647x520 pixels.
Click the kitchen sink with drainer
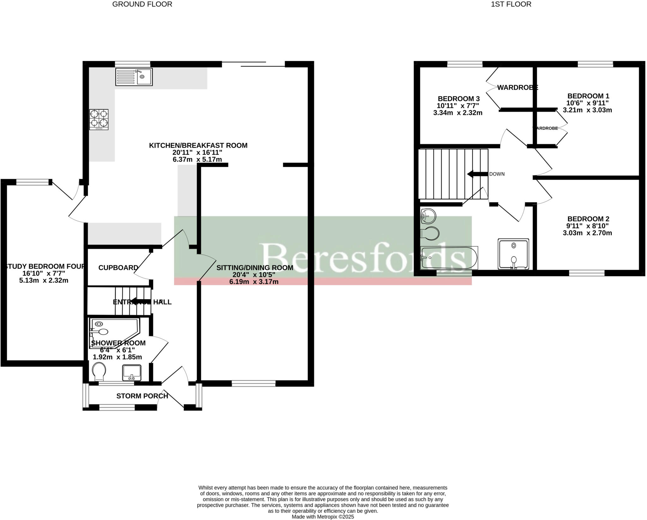[x=134, y=77]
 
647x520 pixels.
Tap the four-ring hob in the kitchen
[x=99, y=119]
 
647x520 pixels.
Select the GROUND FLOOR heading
[x=142, y=4]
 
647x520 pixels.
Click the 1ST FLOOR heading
[x=511, y=4]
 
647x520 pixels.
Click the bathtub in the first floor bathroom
[x=449, y=258]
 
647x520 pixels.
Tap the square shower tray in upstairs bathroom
[x=513, y=254]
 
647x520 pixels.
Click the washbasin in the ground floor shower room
[x=132, y=373]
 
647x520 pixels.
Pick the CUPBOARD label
[x=118, y=268]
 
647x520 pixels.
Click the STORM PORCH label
[x=142, y=396]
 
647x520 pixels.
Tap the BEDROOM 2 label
[x=588, y=219]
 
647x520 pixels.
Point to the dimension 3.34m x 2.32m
[x=458, y=113]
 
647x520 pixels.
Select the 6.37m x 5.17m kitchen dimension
[x=197, y=160]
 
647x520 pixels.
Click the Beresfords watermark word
[x=363, y=257]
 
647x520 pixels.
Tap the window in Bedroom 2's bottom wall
[x=587, y=273]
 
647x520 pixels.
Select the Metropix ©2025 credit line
[x=323, y=517]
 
